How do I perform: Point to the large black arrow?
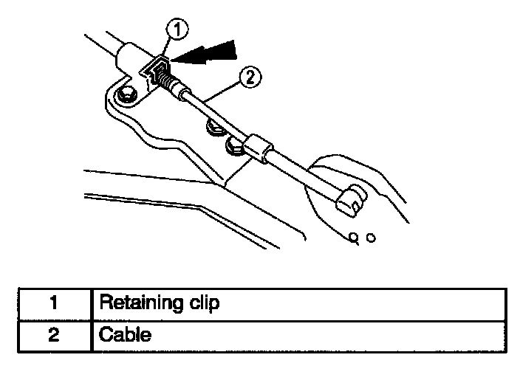pos(211,55)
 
